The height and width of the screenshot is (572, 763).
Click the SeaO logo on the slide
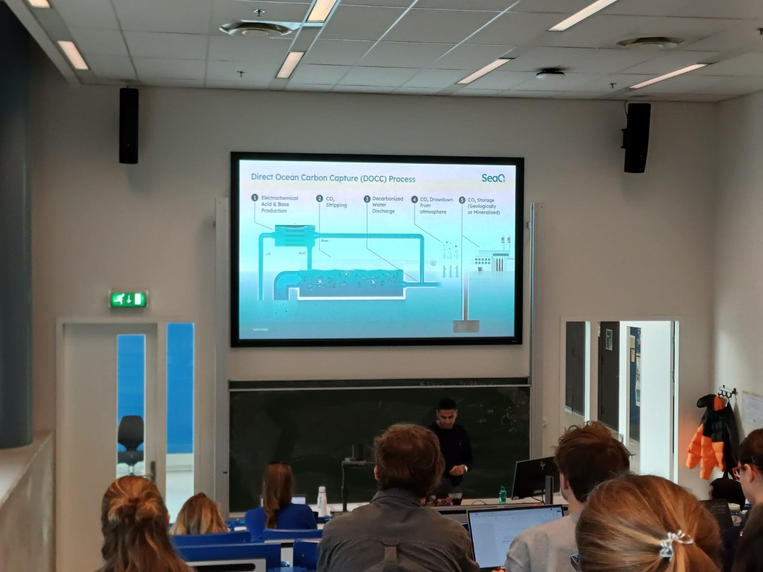tap(493, 178)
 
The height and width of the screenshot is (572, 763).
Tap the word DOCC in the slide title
tap(370, 179)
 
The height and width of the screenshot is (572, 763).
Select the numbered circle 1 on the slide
tap(255, 198)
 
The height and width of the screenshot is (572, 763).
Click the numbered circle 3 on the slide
tap(367, 199)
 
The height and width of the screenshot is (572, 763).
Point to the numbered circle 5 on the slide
tap(462, 200)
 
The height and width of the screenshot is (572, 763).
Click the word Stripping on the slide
tap(336, 205)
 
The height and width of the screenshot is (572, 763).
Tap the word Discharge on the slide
tap(383, 211)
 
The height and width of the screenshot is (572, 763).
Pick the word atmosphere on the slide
tap(433, 212)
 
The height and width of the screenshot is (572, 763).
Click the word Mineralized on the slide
tap(486, 213)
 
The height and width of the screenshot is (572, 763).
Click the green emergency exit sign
tap(127, 299)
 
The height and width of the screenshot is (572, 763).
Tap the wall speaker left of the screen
tap(129, 126)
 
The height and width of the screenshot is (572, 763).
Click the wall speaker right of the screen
tap(637, 138)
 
